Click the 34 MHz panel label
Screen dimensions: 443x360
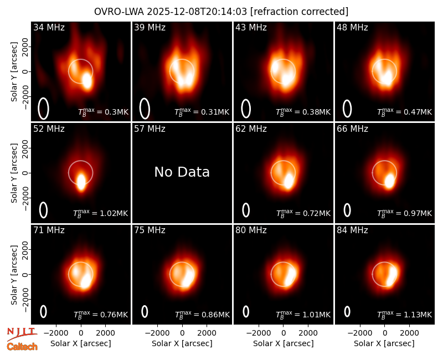tap(49, 27)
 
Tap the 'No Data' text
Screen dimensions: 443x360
tap(182, 172)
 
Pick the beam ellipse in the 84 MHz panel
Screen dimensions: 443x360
tap(347, 312)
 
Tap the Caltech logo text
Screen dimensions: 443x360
tap(22, 347)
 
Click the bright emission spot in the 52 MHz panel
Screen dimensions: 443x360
tap(81, 182)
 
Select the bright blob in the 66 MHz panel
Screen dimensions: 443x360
tap(390, 181)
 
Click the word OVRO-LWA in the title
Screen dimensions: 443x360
tap(119, 12)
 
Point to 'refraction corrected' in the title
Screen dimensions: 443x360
tap(299, 12)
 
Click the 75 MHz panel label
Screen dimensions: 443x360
tap(150, 230)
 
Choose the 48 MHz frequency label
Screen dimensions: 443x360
tap(352, 27)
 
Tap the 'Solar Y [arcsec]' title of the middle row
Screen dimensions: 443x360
tap(14, 173)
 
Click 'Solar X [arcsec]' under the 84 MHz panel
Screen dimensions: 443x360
tap(384, 343)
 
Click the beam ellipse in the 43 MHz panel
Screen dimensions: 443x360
tap(246, 109)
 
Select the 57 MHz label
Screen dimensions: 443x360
tap(150, 129)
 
